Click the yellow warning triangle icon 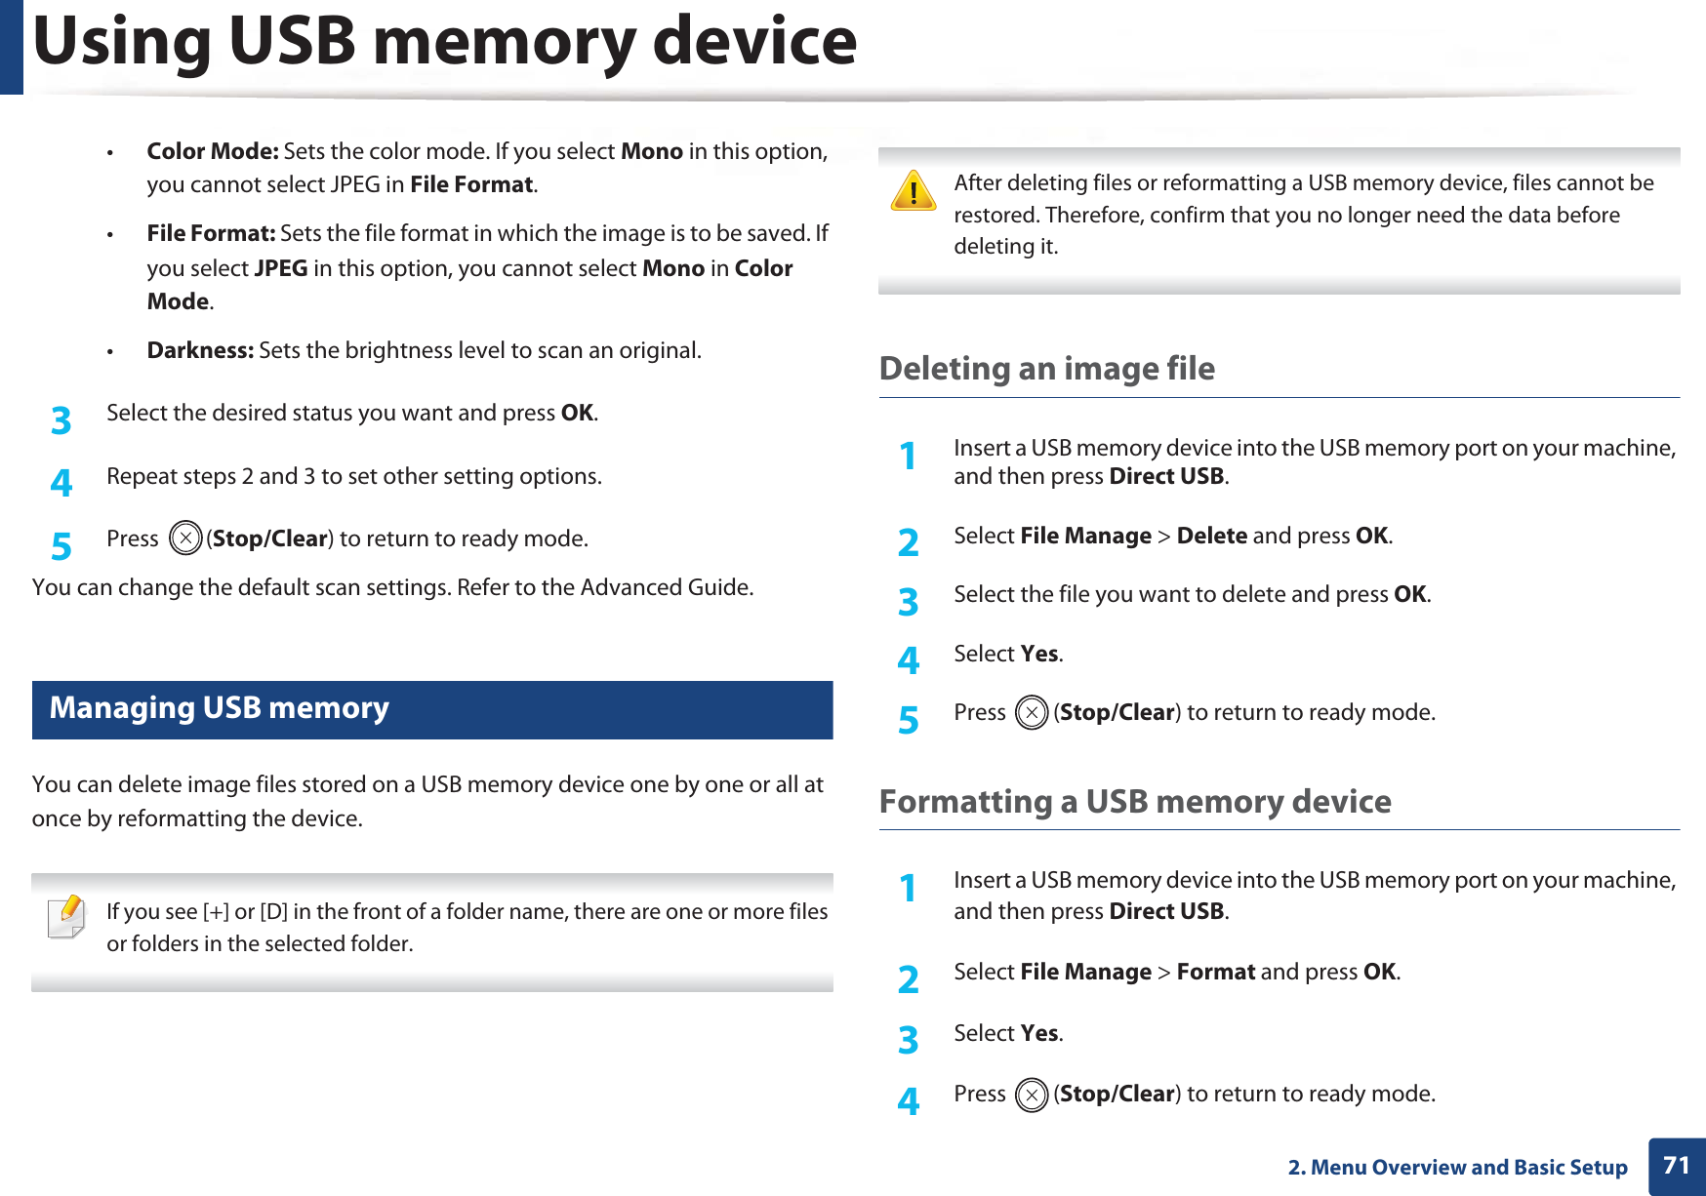click(914, 191)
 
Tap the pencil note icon click(67, 917)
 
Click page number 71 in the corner click(1676, 1166)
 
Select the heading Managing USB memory click(220, 708)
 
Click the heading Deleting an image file click(1046, 369)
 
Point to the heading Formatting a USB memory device click(1134, 802)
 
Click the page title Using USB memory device click(445, 43)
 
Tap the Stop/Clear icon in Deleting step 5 click(1031, 713)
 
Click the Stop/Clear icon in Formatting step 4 click(1031, 1095)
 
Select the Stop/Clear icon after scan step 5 click(184, 538)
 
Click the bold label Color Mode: click(213, 151)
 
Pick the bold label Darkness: click(200, 351)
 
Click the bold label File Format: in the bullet click(211, 234)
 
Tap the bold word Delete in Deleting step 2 click(1211, 537)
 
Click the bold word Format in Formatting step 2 click(1215, 973)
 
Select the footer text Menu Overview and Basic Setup click(1468, 1168)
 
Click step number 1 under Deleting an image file click(908, 457)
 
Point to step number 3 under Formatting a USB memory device click(908, 1040)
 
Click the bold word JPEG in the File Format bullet click(281, 269)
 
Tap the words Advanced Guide click(665, 588)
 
